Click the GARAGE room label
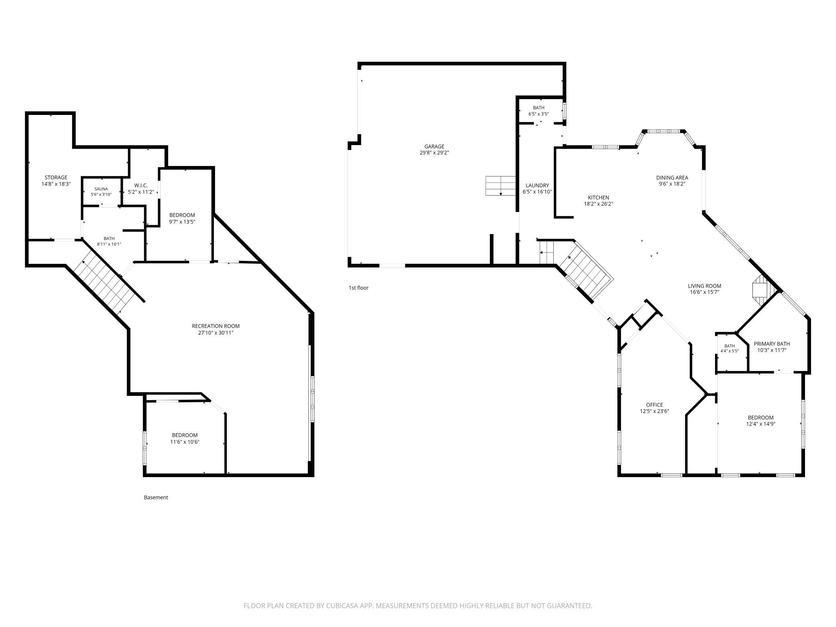434,147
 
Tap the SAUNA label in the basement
101,189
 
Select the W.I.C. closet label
141,185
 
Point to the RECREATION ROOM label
216,326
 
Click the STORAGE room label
56,177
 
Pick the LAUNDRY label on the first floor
537,185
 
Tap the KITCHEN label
598,197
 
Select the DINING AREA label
672,177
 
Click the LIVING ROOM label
705,286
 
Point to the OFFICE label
654,405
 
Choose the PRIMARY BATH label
772,344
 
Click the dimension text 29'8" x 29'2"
434,153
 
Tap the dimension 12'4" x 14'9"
760,424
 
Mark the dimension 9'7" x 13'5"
182,221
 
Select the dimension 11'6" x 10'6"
185,442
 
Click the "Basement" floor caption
156,498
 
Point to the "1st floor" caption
359,288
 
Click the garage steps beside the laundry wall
501,186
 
